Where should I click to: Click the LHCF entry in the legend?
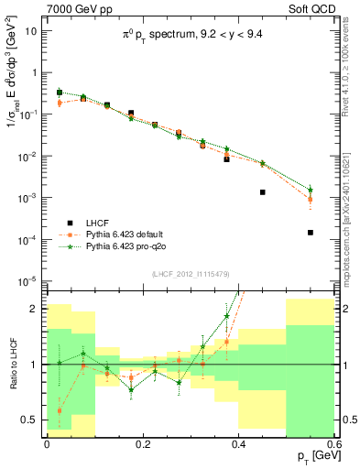pos(99,223)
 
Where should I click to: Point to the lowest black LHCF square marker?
pos(311,233)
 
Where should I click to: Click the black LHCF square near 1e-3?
pos(263,192)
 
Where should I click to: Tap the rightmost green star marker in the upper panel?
pos(311,190)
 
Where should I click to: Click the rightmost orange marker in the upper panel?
pos(311,199)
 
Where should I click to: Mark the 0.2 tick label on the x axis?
pos(142,444)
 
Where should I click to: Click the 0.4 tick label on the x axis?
pos(238,444)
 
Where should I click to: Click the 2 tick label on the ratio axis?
pos(38,309)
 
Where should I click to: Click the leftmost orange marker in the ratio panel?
pos(60,410)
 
